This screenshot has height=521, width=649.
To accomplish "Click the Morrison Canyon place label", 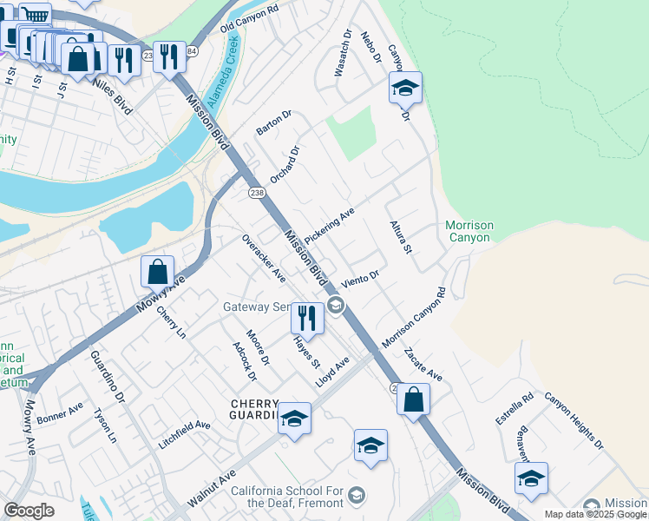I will (x=469, y=231).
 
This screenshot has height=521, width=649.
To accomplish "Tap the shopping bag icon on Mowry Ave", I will (x=157, y=272).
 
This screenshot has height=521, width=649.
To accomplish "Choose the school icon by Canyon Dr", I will (x=405, y=88).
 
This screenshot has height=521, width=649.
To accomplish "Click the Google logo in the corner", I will (x=29, y=511).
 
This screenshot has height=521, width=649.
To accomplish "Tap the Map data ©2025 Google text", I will (x=596, y=514).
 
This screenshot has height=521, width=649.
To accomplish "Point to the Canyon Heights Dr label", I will (x=574, y=422).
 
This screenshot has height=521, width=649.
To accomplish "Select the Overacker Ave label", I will (x=264, y=258).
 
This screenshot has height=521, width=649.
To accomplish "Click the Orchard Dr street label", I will (x=285, y=164).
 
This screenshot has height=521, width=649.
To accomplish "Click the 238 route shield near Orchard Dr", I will (x=256, y=192).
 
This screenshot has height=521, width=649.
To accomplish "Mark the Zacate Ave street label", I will (x=423, y=366).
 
